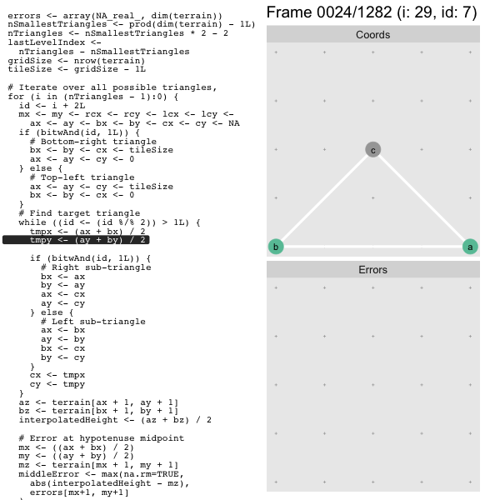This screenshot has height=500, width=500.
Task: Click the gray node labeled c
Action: (x=372, y=149)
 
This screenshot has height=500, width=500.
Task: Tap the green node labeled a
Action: (x=470, y=247)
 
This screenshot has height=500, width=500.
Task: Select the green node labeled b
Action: (x=276, y=247)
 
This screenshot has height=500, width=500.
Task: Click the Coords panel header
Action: (x=373, y=34)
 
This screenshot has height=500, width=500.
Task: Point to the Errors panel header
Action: (x=373, y=269)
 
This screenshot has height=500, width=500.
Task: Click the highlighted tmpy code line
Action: (x=76, y=240)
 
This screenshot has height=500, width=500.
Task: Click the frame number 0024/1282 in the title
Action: (x=354, y=12)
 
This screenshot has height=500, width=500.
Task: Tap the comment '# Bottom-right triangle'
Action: (x=93, y=142)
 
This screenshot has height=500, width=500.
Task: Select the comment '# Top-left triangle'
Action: (x=82, y=177)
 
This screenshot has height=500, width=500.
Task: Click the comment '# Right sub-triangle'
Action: (x=96, y=267)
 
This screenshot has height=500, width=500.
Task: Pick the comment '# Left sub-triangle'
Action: (x=93, y=322)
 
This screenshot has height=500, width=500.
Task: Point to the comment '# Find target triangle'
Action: (x=79, y=213)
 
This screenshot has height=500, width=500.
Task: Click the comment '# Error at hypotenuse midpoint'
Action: (x=102, y=438)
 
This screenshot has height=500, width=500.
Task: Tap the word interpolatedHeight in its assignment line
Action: (x=68, y=420)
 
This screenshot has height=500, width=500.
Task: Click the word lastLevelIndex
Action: (x=46, y=42)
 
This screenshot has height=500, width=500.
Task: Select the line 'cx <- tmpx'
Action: (x=57, y=375)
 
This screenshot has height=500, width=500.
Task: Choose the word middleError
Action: (x=49, y=474)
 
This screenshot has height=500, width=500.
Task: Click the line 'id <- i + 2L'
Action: (x=52, y=106)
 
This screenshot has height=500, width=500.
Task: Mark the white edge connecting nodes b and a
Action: (x=372, y=247)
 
